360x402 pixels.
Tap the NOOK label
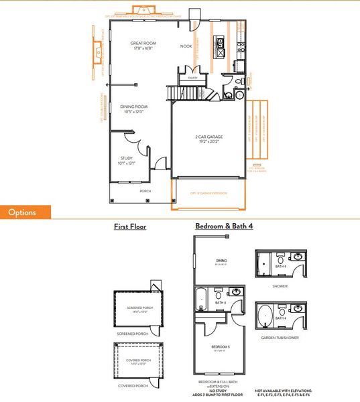186,46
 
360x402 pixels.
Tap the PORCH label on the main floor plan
145,191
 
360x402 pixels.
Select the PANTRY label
192,78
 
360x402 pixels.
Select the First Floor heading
130,227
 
